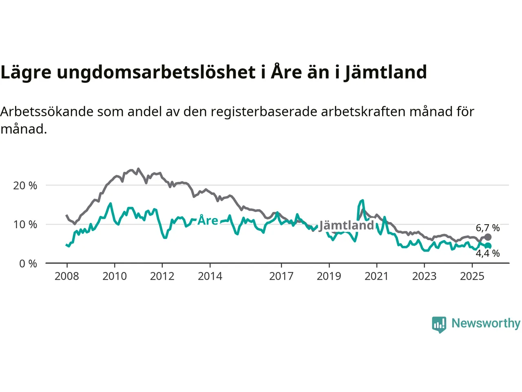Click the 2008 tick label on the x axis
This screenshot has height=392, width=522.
click(x=67, y=276)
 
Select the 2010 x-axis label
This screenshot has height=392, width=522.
click(x=115, y=276)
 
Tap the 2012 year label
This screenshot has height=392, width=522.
click(x=162, y=276)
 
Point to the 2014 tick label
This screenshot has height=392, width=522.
click(x=210, y=276)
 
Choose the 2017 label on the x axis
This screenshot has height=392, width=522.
click(x=281, y=276)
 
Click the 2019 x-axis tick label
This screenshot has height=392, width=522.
click(x=329, y=276)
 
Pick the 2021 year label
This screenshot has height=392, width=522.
click(x=376, y=276)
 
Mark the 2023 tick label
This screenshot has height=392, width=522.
click(x=424, y=276)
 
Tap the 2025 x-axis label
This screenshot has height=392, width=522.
click(x=472, y=276)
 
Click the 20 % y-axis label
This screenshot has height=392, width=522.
click(x=25, y=186)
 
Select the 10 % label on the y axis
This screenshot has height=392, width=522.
click(x=25, y=225)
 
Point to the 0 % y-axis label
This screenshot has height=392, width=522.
click(x=28, y=264)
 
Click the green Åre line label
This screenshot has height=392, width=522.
click(x=208, y=220)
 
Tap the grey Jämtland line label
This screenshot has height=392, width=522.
click(x=346, y=225)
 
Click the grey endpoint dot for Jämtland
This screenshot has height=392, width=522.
click(x=488, y=237)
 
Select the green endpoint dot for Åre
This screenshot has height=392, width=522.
click(x=488, y=246)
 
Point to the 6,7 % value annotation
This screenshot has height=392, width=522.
click(x=488, y=228)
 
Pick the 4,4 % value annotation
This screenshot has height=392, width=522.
click(x=488, y=254)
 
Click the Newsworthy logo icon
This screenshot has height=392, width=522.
click(x=439, y=324)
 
